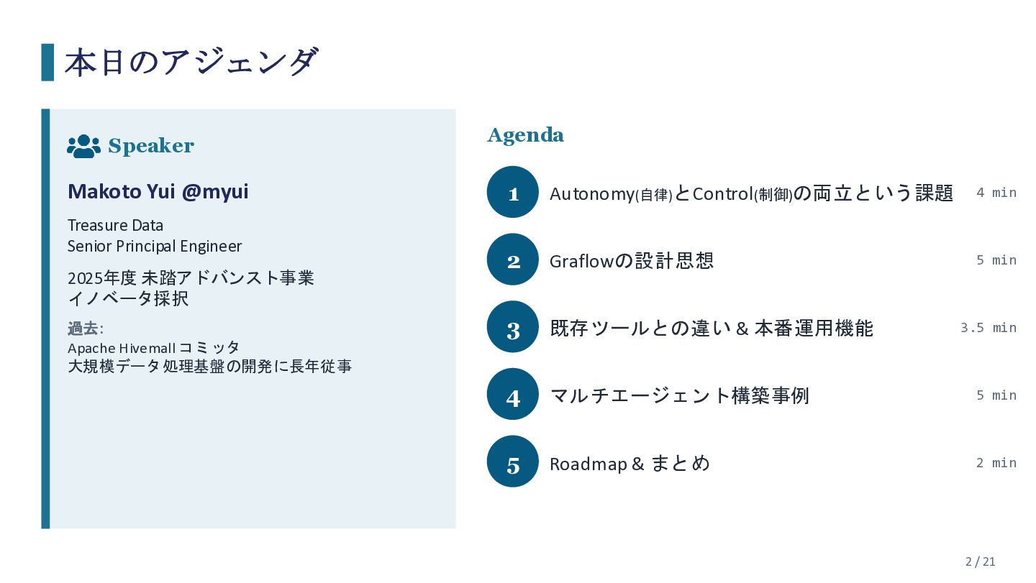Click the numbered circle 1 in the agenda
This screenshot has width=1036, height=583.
click(512, 192)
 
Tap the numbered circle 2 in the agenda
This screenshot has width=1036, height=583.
click(512, 260)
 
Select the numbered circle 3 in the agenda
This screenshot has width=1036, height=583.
click(512, 327)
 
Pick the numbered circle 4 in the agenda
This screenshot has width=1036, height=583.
click(512, 395)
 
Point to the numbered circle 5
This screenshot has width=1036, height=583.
click(512, 462)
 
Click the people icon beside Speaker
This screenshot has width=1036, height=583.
click(83, 147)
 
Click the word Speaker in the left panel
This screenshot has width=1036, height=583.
click(151, 147)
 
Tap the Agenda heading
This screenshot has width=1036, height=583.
click(525, 135)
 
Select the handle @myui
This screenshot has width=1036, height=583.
click(215, 192)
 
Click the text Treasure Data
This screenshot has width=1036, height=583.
click(115, 226)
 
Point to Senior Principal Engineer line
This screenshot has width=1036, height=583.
click(155, 247)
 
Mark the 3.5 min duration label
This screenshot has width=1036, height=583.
click(989, 328)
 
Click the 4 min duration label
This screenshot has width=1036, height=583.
click(996, 193)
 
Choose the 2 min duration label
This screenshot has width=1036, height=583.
click(996, 463)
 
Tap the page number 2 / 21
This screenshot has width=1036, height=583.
click(980, 561)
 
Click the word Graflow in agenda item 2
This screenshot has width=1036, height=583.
click(581, 262)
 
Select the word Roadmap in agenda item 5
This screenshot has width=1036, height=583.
click(589, 464)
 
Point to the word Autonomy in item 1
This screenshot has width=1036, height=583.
click(592, 195)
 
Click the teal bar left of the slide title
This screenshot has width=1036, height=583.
click(47, 63)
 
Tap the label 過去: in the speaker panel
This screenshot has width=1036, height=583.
click(86, 329)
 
